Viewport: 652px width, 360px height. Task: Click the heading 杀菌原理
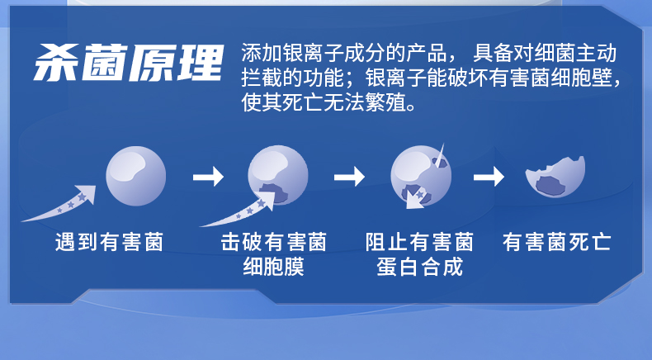[129, 62]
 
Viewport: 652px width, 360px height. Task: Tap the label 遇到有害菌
[109, 242]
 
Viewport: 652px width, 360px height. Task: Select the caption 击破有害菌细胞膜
[274, 254]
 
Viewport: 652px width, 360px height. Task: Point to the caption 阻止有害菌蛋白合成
[419, 254]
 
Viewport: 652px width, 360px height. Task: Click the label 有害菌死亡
[557, 242]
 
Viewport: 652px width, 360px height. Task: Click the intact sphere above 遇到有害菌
[136, 176]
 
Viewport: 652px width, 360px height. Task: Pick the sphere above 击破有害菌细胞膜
[278, 175]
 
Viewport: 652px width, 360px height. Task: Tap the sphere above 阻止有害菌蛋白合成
[421, 176]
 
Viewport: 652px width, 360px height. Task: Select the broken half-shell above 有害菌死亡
[555, 177]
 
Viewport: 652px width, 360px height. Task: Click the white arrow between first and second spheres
[208, 177]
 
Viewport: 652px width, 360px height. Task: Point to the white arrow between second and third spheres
[349, 177]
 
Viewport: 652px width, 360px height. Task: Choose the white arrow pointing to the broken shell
[489, 177]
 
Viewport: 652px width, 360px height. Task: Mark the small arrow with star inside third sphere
[416, 198]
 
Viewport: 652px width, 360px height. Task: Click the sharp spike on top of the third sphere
[441, 154]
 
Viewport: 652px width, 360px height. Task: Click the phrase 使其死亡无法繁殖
[324, 102]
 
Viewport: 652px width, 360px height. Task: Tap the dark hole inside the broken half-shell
[552, 185]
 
